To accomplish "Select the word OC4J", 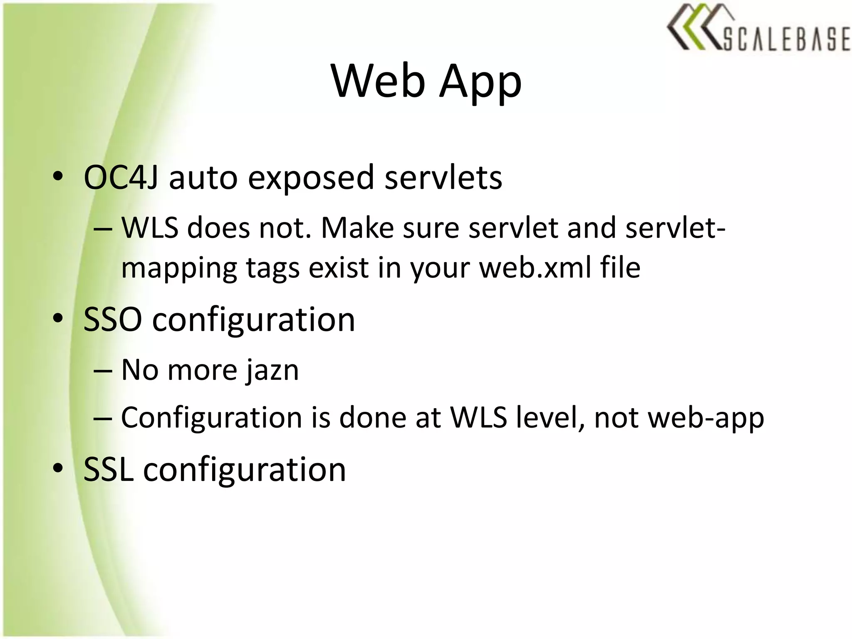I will [121, 178].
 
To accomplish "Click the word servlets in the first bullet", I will [443, 178].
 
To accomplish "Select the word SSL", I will [109, 470].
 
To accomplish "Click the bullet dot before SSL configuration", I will [58, 468].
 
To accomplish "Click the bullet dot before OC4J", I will [58, 177].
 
